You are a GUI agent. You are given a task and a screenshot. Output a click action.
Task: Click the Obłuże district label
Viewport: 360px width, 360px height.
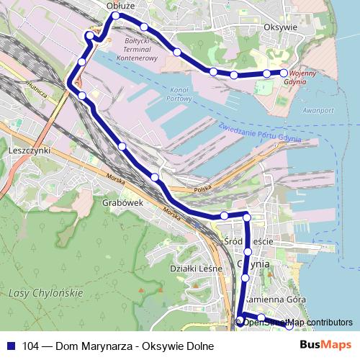120,5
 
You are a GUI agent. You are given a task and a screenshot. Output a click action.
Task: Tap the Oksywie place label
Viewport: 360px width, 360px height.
282,27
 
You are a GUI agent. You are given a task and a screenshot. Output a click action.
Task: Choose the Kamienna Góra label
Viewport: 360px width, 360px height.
276,299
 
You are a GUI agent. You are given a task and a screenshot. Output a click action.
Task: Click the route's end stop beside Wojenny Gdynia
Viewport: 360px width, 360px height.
284,73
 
